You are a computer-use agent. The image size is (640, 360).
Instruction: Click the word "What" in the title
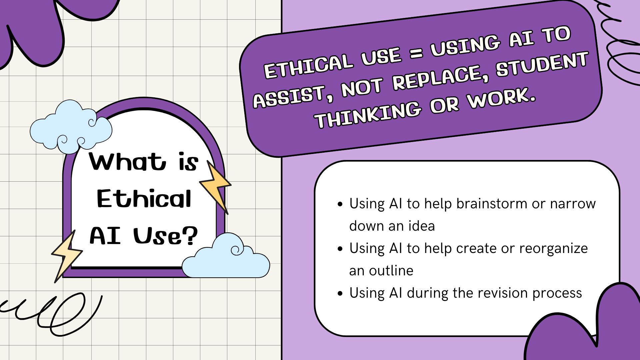[x=127, y=162]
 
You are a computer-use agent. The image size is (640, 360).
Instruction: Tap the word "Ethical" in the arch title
[x=144, y=199]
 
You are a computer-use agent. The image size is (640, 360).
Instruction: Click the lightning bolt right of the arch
[x=215, y=187]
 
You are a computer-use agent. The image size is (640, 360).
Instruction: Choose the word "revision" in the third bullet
[x=503, y=293]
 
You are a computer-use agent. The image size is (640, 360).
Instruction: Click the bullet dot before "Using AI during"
[x=340, y=293]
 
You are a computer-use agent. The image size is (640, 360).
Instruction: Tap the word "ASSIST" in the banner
[x=289, y=97]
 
